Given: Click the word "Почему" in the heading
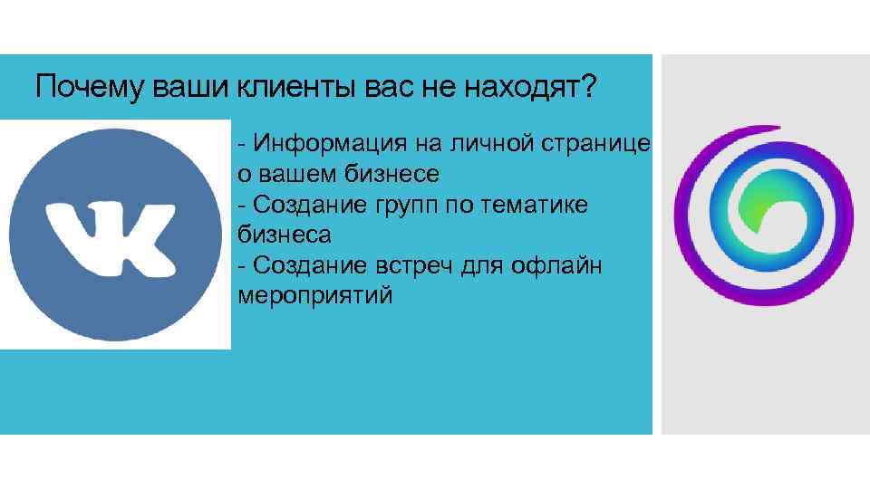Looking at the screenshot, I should coord(81,89).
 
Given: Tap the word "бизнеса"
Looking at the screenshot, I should coord(284,235).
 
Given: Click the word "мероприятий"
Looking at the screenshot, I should coord(315,295).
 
